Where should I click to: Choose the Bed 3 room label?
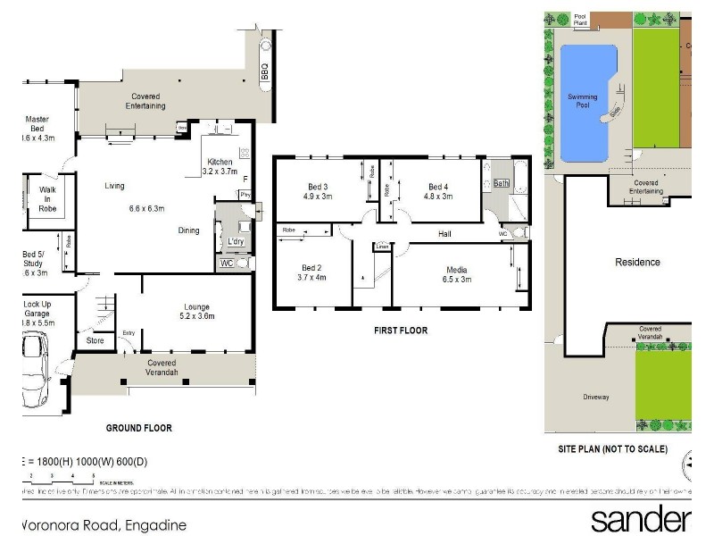tap(317, 190)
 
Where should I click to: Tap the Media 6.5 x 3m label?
tap(459, 274)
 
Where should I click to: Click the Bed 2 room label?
tap(310, 272)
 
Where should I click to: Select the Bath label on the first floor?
tap(501, 184)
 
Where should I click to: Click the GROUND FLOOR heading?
tap(139, 428)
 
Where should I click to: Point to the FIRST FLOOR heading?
tap(400, 331)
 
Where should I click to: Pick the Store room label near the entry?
tap(95, 340)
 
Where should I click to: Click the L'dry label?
tap(237, 242)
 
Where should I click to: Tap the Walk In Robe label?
tap(47, 199)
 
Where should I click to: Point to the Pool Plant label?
tap(581, 20)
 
